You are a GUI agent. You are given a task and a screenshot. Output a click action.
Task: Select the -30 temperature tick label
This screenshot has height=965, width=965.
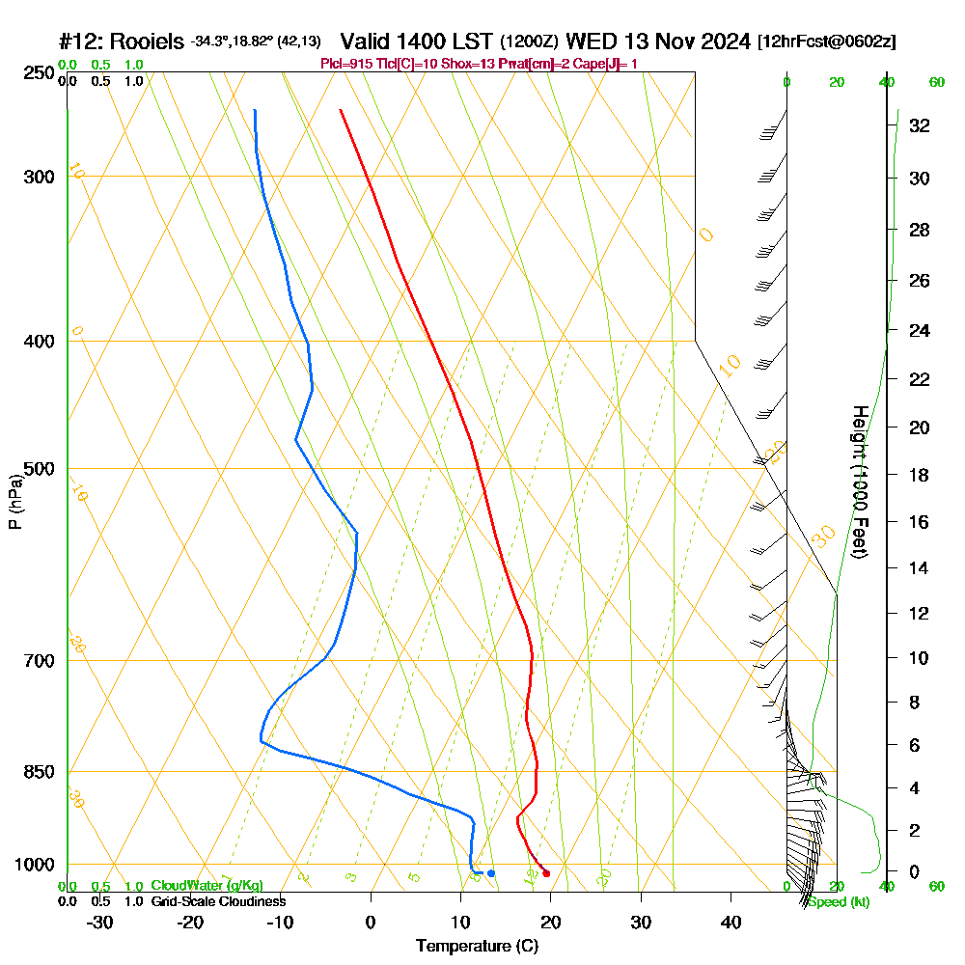coord(100,922)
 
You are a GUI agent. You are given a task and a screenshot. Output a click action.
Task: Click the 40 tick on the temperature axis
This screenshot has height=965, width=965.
coord(731,922)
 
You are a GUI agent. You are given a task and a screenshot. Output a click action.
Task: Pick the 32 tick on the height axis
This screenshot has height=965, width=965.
coord(919,125)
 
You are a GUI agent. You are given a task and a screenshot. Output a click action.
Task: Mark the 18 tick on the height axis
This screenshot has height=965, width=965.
coord(919,475)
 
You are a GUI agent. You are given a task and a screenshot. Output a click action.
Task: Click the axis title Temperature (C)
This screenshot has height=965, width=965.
coord(477,947)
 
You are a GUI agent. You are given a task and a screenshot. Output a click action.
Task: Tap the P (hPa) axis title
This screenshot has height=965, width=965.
coord(15,502)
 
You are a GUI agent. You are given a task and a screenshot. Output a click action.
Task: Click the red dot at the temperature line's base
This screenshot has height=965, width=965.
coord(546,873)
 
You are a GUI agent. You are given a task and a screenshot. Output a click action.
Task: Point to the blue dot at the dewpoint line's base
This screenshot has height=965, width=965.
coord(491,873)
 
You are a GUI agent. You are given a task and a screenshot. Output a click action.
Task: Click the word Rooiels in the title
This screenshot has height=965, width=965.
coord(147,41)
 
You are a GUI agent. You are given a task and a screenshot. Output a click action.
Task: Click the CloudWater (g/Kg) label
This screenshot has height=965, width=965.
coord(207,886)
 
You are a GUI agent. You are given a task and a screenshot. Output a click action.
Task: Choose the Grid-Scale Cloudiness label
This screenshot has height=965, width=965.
coord(217,901)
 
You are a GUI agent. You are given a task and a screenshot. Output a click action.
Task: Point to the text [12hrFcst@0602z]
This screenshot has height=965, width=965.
coord(827,41)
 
